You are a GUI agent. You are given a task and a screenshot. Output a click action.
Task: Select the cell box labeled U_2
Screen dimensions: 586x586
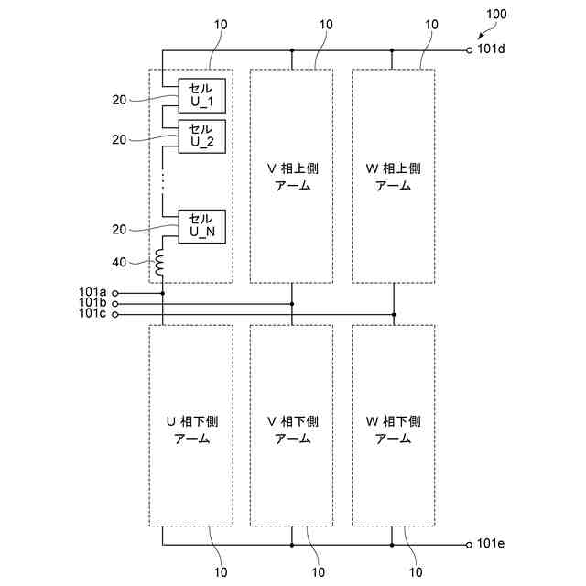click(201, 136)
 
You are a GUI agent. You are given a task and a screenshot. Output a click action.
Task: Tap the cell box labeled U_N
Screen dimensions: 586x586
click(201, 225)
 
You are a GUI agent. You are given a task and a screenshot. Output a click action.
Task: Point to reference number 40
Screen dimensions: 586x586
click(119, 263)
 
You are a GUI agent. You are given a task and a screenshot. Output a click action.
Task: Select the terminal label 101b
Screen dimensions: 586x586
click(92, 303)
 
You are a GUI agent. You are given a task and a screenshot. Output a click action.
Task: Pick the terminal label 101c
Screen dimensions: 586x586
click(92, 314)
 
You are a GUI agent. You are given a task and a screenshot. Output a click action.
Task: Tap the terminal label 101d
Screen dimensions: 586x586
click(491, 50)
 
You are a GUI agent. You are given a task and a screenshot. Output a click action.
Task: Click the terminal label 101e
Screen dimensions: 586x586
click(491, 544)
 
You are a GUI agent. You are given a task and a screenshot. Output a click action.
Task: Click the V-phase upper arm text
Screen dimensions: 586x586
click(292, 176)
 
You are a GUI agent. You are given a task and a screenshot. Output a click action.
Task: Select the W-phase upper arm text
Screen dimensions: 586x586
click(394, 176)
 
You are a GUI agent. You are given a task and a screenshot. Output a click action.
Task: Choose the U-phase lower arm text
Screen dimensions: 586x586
click(190, 429)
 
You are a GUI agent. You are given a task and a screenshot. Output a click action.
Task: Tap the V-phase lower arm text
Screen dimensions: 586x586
click(292, 429)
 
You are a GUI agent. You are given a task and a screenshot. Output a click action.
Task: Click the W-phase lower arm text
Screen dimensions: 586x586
click(394, 429)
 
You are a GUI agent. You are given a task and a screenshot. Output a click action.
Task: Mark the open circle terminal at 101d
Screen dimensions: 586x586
click(470, 50)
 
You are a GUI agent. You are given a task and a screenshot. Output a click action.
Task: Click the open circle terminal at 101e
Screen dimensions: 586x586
click(470, 545)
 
